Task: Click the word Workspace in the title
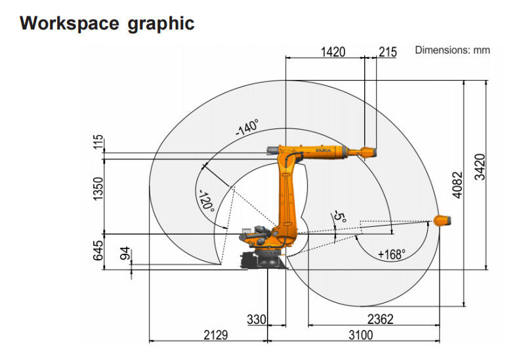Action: (x=70, y=23)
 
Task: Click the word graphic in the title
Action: (x=161, y=24)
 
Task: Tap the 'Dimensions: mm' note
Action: (x=452, y=50)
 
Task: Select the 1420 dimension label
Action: (x=333, y=52)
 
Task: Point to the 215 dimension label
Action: (x=388, y=52)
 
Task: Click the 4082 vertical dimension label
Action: (x=457, y=185)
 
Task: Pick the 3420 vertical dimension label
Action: (x=480, y=167)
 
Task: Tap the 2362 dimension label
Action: (x=381, y=319)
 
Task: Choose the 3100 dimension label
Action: (x=361, y=335)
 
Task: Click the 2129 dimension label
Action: (x=216, y=335)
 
